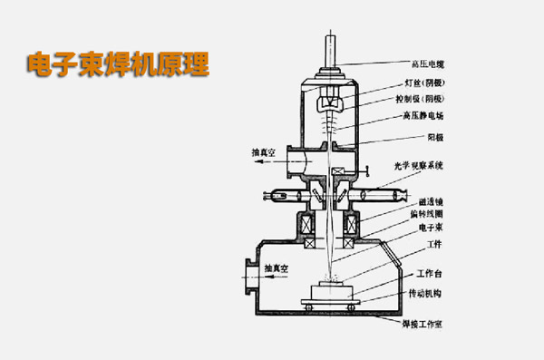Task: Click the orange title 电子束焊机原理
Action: point(118,64)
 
